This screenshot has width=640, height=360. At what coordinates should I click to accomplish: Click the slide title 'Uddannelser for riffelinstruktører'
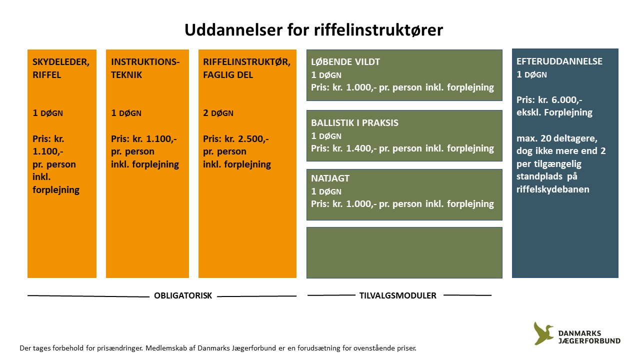pos(313,29)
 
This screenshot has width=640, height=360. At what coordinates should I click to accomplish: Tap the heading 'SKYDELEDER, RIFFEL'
pos(61,68)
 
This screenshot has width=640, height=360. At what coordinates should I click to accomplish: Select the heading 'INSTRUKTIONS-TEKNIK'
pos(145,68)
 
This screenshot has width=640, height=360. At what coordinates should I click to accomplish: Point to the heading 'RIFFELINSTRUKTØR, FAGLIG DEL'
pos(246,68)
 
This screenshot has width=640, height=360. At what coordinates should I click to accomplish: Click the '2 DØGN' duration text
pos(218,113)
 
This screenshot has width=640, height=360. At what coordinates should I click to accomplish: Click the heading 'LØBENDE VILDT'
pos(345,61)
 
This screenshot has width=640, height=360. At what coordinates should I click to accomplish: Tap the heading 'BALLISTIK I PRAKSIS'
pos(354,123)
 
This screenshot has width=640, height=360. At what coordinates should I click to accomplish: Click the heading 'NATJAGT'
pos(330,178)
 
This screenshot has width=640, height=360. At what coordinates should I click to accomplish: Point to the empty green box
pos(404,252)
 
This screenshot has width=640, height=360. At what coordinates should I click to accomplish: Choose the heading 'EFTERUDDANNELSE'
pos(559,61)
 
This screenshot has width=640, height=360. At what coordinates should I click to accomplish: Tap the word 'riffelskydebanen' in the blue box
pos(552,189)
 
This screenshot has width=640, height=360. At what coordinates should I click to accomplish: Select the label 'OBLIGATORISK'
pos(183,295)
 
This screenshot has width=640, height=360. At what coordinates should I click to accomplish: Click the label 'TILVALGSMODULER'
pos(397,295)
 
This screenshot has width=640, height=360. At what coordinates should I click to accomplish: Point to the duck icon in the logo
pos(543,333)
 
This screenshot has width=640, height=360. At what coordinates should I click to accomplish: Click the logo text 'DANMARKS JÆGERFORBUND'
pos(589,337)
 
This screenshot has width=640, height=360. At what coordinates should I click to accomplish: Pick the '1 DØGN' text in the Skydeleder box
pos(47,113)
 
